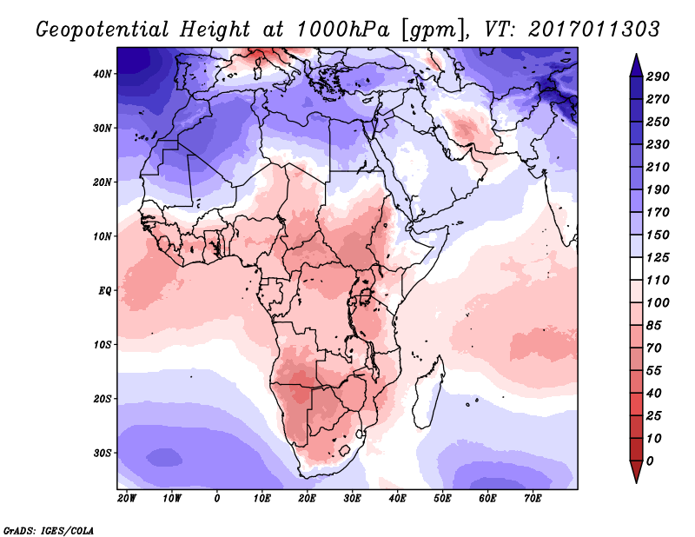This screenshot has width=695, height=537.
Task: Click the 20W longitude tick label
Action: click(127, 499)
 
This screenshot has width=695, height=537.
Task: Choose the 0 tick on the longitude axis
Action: click(217, 499)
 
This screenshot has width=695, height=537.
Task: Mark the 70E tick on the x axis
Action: click(533, 499)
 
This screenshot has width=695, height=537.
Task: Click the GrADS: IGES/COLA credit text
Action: click(49, 529)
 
